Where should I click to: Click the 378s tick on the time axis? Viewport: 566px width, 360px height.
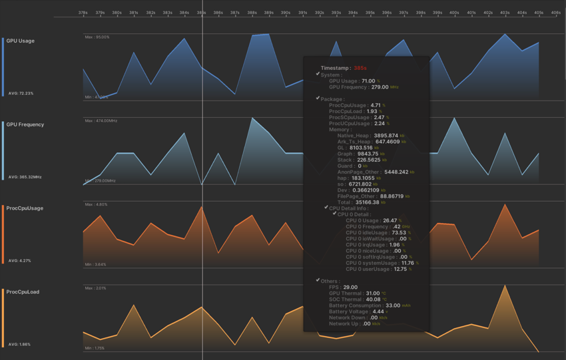(x=83, y=12)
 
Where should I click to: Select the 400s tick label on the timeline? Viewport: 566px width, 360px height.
(x=454, y=12)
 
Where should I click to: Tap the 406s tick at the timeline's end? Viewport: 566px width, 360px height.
(x=555, y=12)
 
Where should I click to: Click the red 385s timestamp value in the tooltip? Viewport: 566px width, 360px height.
(x=360, y=68)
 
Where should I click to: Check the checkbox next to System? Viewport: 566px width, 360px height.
(x=318, y=75)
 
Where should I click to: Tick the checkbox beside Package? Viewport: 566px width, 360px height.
(x=318, y=98)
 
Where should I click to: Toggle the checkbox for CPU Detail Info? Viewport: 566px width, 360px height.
(x=326, y=208)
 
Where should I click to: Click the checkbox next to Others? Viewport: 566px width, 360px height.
(x=318, y=281)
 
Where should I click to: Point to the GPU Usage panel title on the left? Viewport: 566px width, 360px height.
(x=21, y=41)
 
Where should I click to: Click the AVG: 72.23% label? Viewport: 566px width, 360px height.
(x=21, y=93)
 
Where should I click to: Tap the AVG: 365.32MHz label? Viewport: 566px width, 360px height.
(x=25, y=177)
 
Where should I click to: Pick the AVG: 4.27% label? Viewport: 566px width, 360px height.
(x=19, y=261)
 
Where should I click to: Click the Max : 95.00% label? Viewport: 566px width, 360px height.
(x=97, y=37)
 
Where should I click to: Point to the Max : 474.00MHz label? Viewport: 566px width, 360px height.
(x=101, y=121)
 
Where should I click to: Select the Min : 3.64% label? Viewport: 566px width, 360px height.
(x=96, y=265)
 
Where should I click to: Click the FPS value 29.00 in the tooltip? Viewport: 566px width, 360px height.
(x=350, y=287)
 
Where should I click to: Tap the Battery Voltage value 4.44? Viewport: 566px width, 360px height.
(x=378, y=311)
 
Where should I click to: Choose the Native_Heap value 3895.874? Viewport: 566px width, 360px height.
(x=386, y=135)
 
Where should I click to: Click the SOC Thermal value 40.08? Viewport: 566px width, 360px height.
(x=373, y=299)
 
